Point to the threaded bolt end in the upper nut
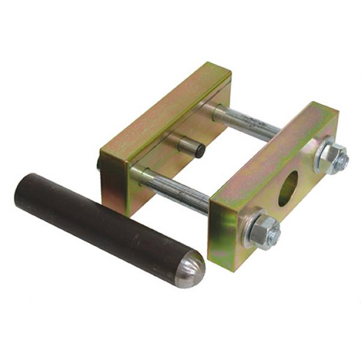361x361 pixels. coord(341,160)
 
